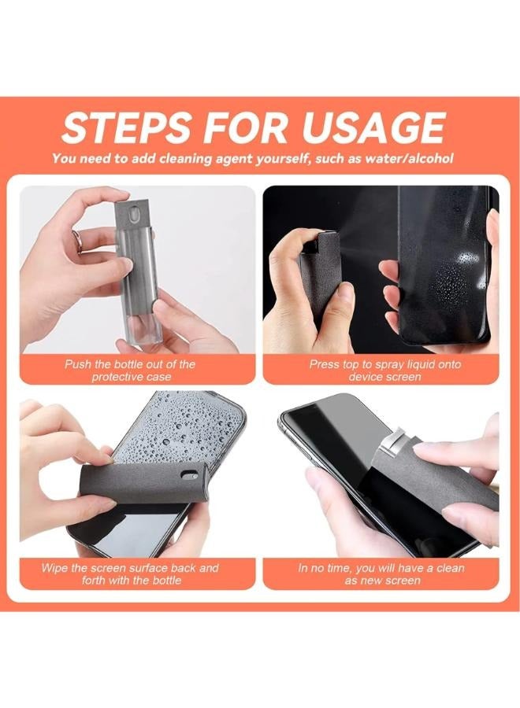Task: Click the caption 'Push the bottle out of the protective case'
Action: (130, 371)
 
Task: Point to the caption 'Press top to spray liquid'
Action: (385, 365)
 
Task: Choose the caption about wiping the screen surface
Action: (131, 574)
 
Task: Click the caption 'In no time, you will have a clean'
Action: (381, 568)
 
